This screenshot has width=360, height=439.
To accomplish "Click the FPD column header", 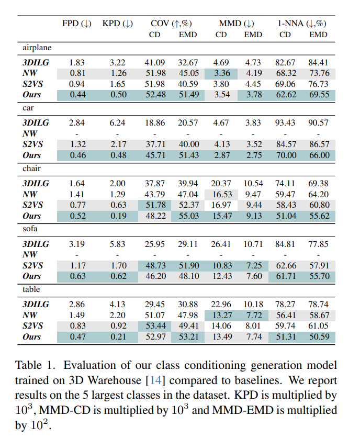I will (76, 24).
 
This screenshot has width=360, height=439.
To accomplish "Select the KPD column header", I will (117, 24).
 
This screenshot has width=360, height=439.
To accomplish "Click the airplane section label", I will (37, 48).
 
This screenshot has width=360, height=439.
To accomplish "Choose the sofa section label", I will (30, 229).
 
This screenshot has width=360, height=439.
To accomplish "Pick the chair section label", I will (31, 168).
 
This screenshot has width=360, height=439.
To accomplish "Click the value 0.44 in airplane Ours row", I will (77, 95).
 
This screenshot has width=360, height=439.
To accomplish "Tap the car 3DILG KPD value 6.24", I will (118, 123).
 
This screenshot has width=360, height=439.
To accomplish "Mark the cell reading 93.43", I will (285, 123).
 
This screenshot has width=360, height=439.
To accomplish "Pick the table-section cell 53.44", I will (155, 326).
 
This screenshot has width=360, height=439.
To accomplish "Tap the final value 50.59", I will (318, 337).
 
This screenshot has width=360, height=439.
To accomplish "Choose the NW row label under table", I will (29, 315).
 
